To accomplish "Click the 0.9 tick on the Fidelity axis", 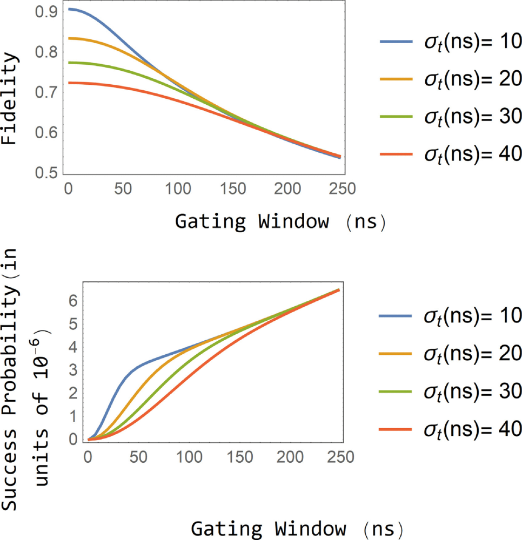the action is [46, 12].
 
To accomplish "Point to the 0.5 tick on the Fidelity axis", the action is [46, 173].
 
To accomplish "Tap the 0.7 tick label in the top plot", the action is [46, 92].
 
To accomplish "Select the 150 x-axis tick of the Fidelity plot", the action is [232, 188].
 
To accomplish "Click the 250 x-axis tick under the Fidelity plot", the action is [342, 188].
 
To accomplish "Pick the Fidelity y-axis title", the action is [9, 98].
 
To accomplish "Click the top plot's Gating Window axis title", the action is [280, 221].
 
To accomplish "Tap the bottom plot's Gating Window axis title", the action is [297, 529].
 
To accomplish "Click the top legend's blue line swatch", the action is [396, 42].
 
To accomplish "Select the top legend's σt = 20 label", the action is [473, 79].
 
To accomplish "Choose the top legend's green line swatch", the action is [396, 117].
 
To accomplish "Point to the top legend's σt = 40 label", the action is [473, 154].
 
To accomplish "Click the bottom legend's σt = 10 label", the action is [472, 316].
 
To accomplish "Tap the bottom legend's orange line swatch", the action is [395, 354].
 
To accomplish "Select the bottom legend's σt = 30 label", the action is [472, 391].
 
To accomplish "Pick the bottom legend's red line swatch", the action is [395, 429].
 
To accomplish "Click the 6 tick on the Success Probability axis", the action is [73, 301].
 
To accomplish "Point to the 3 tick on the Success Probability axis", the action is [73, 370].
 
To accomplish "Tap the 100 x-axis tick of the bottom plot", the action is [189, 457].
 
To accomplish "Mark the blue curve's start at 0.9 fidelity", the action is [69, 9].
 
